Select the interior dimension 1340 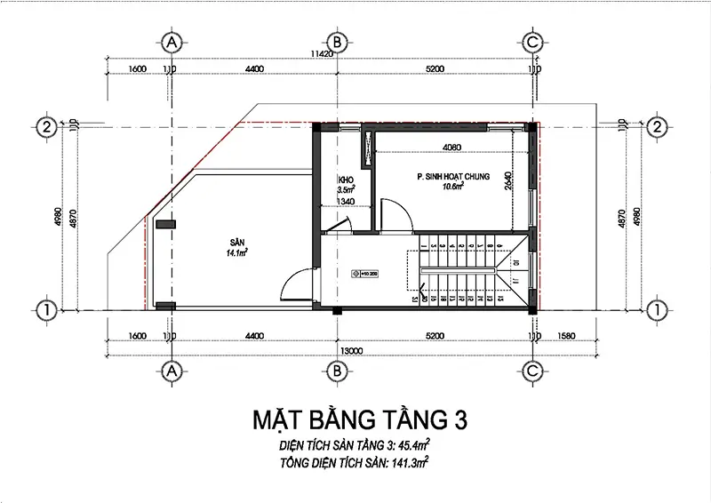tap(347, 202)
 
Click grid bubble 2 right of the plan tap(658, 126)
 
